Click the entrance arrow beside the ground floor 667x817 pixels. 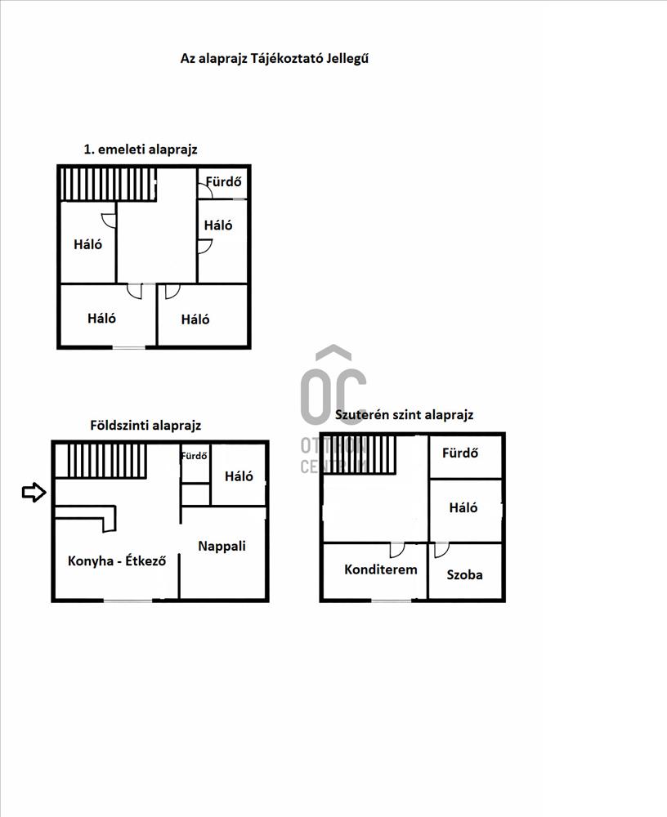(34, 492)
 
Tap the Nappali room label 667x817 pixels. (222, 546)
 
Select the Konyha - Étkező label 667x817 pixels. (117, 560)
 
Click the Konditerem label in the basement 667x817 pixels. (381, 569)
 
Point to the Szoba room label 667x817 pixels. (464, 574)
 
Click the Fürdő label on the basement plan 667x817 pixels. (460, 453)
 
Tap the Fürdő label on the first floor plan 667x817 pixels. (224, 181)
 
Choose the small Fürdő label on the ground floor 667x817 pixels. (194, 455)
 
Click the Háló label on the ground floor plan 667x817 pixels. (239, 475)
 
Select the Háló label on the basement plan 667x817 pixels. (463, 507)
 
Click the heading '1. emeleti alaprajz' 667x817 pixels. (141, 150)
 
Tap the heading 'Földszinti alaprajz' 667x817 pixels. (145, 425)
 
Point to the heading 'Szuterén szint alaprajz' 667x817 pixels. (404, 415)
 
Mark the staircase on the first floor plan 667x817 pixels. (109, 183)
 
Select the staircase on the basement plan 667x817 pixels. (360, 455)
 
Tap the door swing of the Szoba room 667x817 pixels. (441, 550)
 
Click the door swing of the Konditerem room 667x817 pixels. (397, 550)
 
